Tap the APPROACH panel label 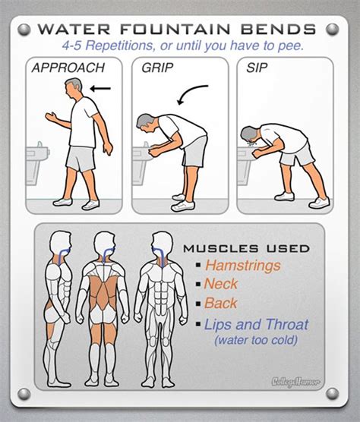click(68, 68)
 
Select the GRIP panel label click(158, 68)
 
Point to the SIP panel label click(257, 68)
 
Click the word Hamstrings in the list click(242, 266)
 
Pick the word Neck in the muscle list click(220, 285)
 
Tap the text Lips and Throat click(256, 325)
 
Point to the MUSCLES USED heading click(246, 247)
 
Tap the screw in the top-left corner click(23, 29)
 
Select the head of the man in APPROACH click(74, 88)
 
